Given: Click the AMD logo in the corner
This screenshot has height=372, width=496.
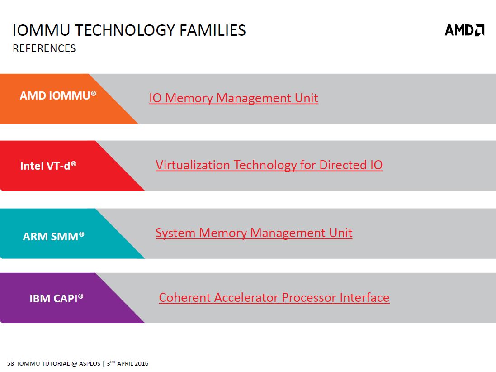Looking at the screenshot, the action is (x=464, y=30).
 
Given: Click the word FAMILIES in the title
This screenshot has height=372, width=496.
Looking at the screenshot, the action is (x=213, y=30).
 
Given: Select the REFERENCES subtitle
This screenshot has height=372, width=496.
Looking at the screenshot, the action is (x=44, y=48).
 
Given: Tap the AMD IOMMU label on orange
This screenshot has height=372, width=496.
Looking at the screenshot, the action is (x=58, y=95).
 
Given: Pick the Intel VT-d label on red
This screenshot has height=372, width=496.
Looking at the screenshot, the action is (x=48, y=166).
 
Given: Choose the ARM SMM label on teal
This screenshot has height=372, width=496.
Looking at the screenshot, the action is (x=53, y=236).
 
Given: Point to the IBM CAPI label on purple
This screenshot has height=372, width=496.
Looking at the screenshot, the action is (x=57, y=298).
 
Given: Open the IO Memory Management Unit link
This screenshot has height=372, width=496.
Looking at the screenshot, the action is (x=234, y=98).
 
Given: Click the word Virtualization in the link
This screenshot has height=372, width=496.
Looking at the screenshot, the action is (x=193, y=165).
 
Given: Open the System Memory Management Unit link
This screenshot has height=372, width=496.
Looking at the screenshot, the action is (x=254, y=233).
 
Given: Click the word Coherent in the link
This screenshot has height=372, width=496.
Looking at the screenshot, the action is (x=185, y=298).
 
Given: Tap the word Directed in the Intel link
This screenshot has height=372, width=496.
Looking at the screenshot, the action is (x=343, y=165).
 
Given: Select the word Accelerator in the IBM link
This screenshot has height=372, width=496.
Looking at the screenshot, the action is (x=246, y=298).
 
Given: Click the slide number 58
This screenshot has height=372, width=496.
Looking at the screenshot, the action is (x=10, y=363).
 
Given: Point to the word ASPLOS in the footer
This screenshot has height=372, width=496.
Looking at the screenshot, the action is (x=90, y=363).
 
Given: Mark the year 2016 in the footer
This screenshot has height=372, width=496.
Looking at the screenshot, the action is (x=142, y=363).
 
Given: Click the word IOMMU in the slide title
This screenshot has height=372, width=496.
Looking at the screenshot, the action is (x=41, y=30).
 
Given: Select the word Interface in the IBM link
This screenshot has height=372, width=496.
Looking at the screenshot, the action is (x=364, y=298).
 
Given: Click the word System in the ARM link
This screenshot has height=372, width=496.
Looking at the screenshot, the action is (x=175, y=234).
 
